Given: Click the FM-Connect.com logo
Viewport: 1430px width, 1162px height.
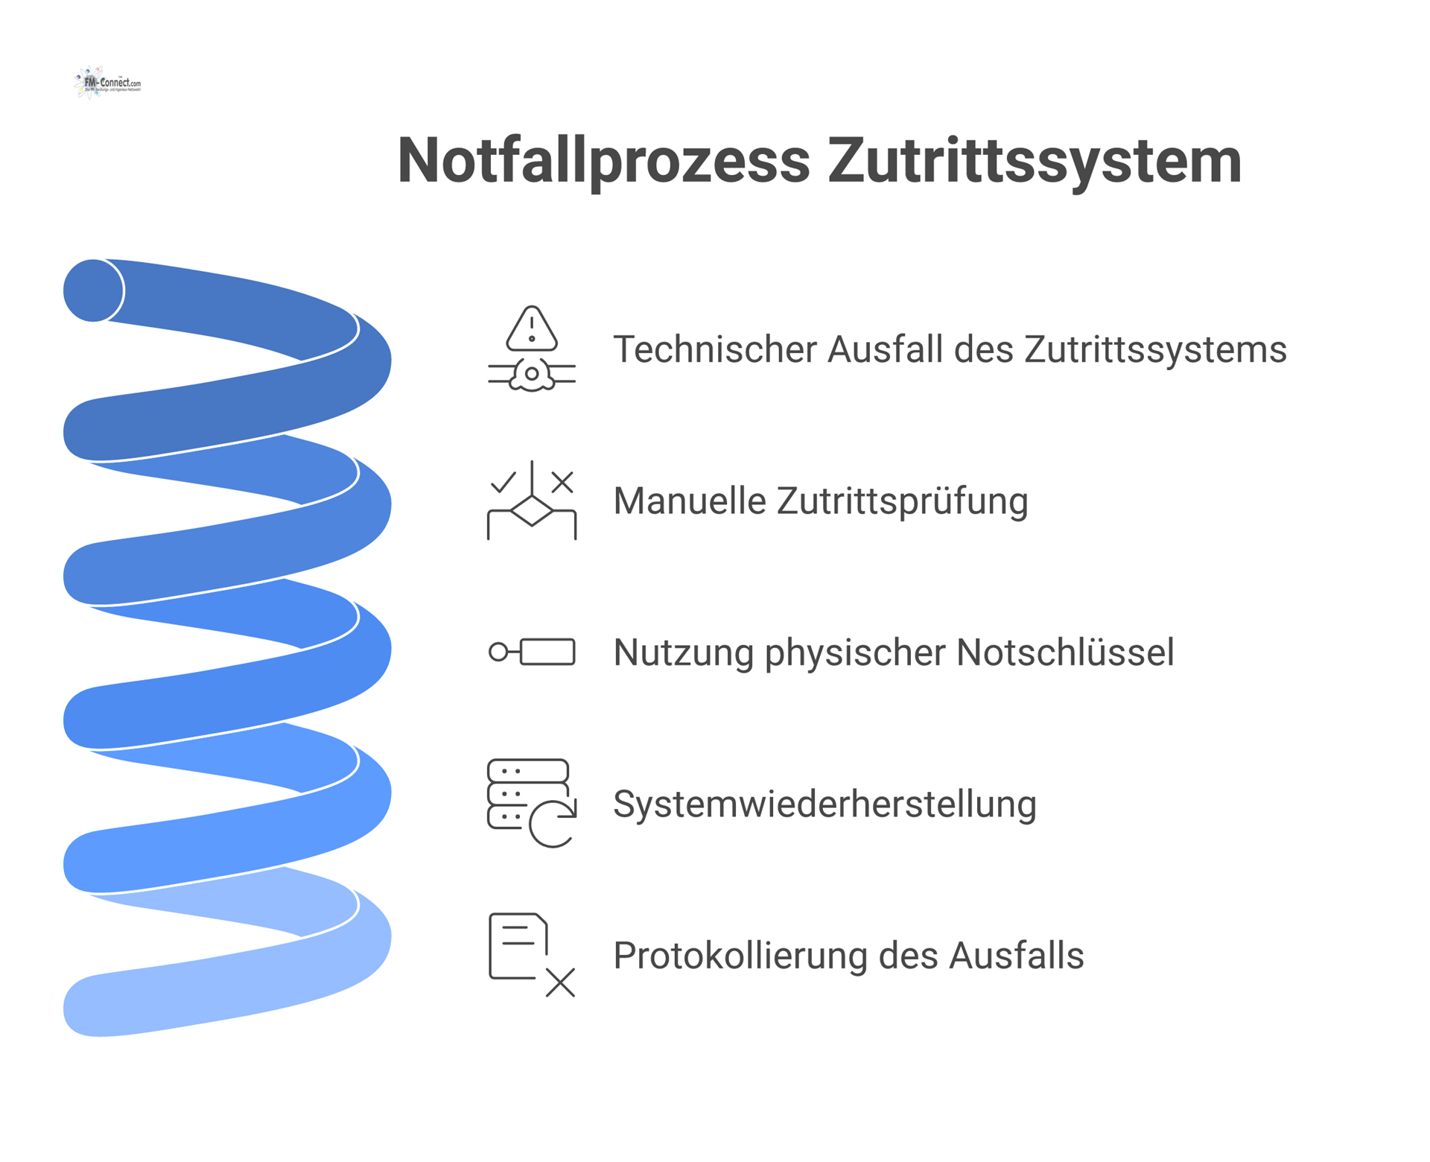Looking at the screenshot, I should point(108,83).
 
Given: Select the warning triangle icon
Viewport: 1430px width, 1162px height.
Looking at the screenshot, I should point(531,328).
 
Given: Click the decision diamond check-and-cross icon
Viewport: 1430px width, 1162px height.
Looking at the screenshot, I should point(532,500).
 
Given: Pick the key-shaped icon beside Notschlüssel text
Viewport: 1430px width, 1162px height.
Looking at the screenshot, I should point(532,652).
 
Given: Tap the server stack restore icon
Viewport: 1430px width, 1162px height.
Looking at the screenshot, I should point(532,803).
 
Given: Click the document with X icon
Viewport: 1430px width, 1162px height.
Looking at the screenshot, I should point(532,955).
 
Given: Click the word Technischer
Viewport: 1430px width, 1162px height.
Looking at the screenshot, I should point(714,349).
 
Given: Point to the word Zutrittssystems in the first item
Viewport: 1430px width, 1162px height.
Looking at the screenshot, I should point(1155,349).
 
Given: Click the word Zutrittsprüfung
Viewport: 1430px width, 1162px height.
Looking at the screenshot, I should point(902,501).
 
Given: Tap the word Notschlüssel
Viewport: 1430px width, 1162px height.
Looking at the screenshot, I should point(1065,653).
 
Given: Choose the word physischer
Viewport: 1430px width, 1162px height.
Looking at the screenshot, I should point(855,653).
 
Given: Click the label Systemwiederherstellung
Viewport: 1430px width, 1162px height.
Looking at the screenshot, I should point(824,804).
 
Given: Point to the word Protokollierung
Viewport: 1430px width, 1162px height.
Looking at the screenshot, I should point(740,956).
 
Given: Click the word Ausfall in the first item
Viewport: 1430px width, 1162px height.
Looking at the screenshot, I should point(885,349).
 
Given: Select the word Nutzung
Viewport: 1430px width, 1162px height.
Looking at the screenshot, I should point(683,653).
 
